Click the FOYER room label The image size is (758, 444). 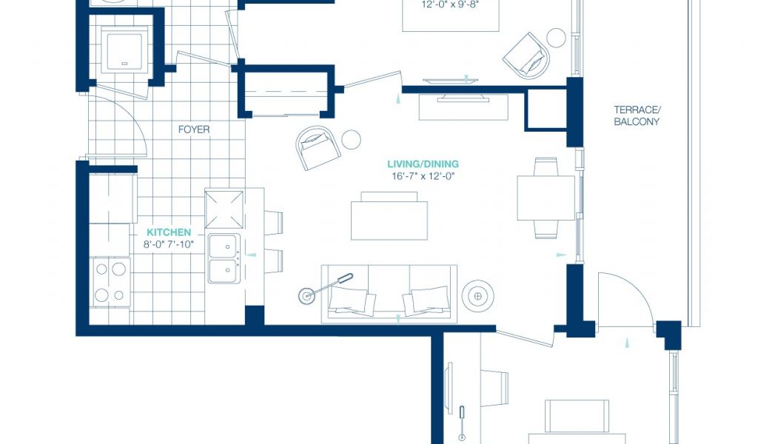194,129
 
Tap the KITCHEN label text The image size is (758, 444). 169,232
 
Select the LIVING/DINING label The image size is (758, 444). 423,164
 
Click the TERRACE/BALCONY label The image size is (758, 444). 637,116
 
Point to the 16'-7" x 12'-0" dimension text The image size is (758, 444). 423,176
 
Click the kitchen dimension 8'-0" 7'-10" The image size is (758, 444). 169,244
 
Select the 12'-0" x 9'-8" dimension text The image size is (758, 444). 451,5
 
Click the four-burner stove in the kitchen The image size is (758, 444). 110,282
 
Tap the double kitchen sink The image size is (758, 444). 224,258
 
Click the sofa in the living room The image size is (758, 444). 389,294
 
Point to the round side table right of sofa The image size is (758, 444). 477,295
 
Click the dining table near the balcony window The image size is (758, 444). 546,198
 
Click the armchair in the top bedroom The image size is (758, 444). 526,56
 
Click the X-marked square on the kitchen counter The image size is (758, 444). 224,209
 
